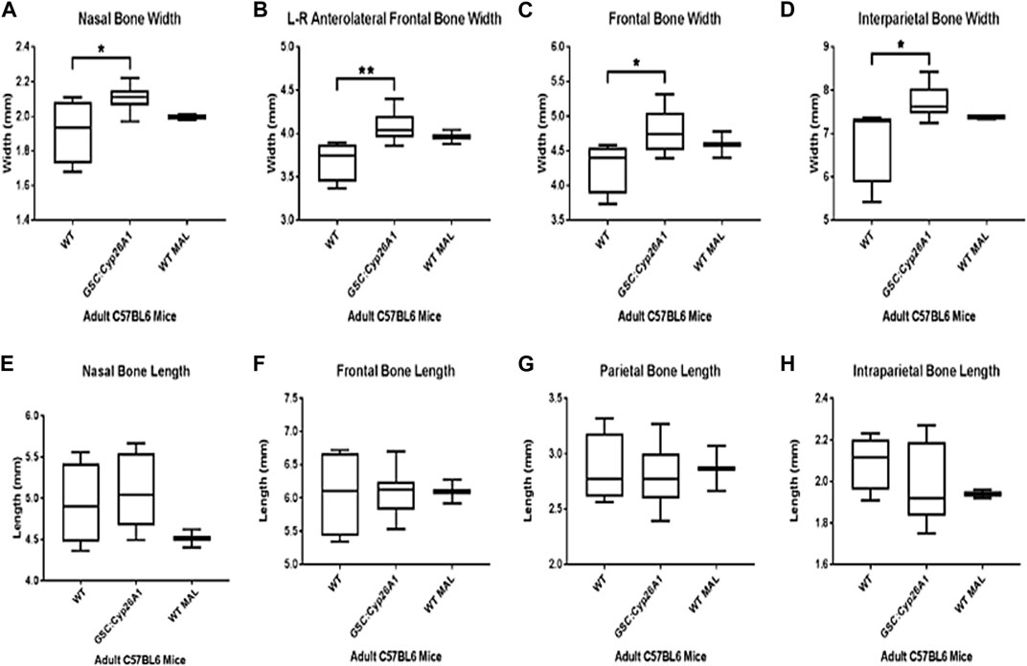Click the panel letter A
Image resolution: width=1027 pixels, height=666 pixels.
click(9, 11)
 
